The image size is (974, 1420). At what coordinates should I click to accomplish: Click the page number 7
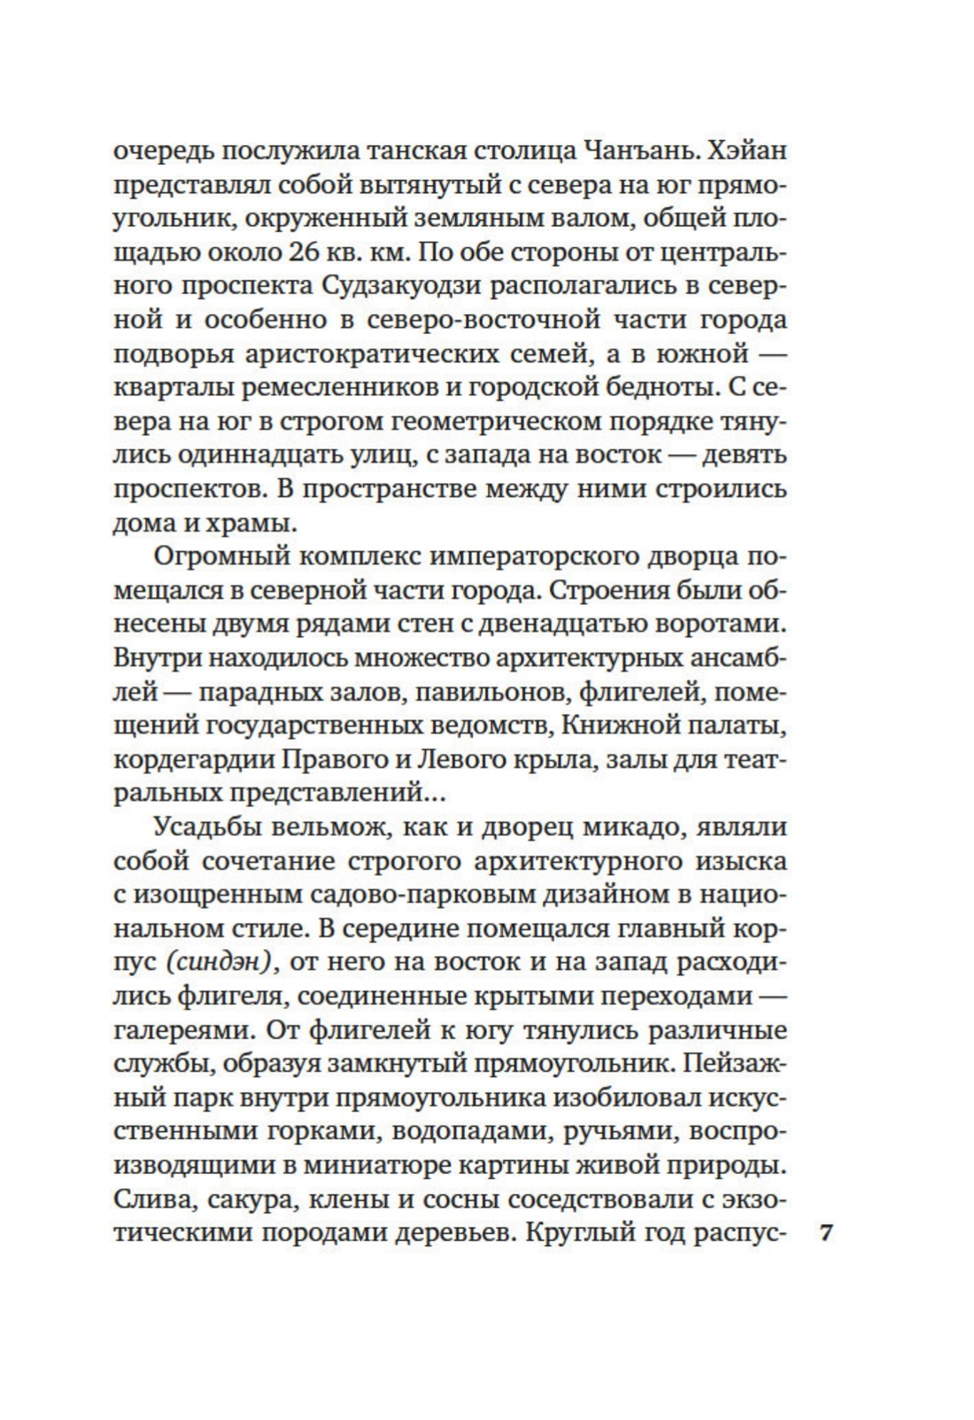[x=828, y=1233]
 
